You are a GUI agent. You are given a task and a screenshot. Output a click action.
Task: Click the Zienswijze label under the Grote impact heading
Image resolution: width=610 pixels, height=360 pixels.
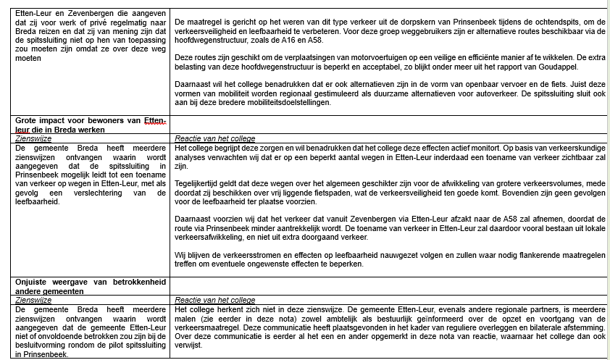pos(33,138)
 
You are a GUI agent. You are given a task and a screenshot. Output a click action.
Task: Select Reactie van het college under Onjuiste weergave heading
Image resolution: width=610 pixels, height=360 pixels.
pos(215,300)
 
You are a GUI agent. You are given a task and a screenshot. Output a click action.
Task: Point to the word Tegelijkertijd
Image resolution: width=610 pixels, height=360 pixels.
pos(199,184)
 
